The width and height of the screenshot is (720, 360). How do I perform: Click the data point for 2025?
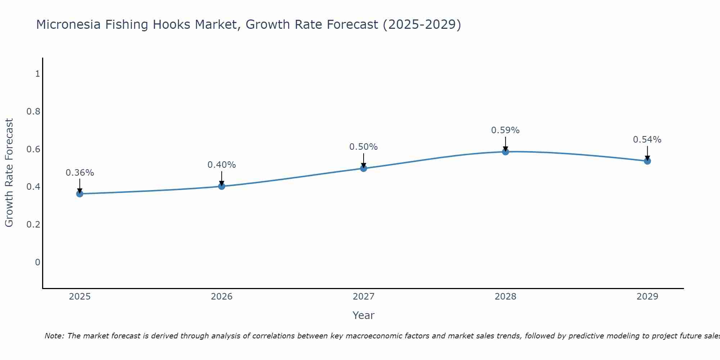coord(80,194)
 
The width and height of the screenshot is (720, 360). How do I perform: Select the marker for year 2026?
coord(221,186)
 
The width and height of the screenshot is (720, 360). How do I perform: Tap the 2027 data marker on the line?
coord(364,168)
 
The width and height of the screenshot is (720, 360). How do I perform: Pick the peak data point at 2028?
coord(505,152)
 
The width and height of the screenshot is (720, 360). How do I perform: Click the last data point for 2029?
coord(647,161)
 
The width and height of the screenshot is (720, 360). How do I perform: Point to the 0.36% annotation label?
coord(80,173)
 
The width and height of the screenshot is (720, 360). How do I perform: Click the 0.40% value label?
coord(221,165)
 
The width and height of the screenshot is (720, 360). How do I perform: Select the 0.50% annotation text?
coord(364,147)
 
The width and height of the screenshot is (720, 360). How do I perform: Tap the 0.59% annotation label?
coord(505,130)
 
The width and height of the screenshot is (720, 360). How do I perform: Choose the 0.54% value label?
coord(647,140)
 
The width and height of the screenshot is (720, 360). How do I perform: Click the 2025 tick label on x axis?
coord(80,297)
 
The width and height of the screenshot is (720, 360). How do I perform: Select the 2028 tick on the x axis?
coord(505,297)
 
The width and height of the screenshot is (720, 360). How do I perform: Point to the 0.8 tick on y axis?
coord(33,112)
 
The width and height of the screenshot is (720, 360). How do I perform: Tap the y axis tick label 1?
coord(37,74)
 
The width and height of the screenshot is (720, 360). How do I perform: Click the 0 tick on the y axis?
coord(37,262)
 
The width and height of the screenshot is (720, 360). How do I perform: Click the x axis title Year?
coord(364,315)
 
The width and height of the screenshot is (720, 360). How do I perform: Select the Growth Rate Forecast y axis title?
coord(9,173)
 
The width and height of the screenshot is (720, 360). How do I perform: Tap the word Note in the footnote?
coord(54,336)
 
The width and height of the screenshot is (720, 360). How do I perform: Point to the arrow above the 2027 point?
coord(364,160)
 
